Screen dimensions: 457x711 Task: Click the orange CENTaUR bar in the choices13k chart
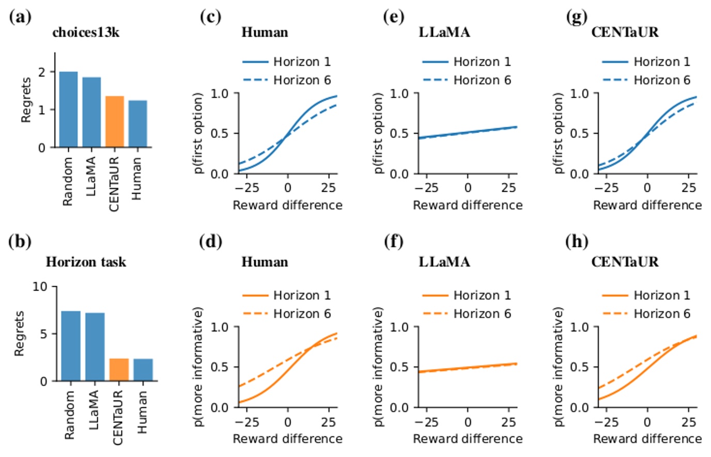pos(115,121)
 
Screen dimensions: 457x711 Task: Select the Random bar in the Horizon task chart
pos(71,346)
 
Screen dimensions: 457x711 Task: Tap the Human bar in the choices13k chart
pos(137,124)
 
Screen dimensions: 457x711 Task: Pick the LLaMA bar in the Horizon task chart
pos(95,347)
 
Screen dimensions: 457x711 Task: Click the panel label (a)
pos(20,17)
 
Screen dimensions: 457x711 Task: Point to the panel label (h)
pos(577,241)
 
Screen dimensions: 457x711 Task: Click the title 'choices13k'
pos(86,33)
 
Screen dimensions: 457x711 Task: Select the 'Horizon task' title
pos(86,262)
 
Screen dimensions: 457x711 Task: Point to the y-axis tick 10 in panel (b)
pos(40,286)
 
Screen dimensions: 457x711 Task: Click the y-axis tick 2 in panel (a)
pos(42,72)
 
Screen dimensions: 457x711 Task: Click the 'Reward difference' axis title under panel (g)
pos(647,205)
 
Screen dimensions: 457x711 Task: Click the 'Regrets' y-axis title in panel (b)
pos(19,333)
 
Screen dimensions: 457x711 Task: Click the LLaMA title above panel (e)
pos(444,33)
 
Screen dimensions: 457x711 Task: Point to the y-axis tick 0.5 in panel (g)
pos(579,133)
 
